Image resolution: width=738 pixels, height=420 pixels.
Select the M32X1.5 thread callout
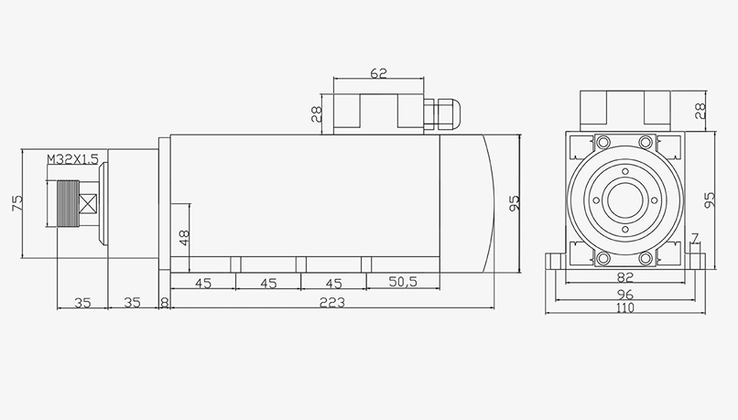[x=72, y=160]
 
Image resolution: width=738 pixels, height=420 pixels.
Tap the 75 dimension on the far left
[x=16, y=203]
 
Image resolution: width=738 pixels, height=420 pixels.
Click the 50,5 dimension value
[x=402, y=283]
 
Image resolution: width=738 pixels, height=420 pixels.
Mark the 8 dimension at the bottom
[x=164, y=302]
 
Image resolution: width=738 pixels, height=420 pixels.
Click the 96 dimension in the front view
[x=624, y=295]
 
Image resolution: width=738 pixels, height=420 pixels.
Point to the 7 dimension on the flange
[x=695, y=240]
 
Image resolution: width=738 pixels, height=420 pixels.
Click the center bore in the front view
[x=624, y=199]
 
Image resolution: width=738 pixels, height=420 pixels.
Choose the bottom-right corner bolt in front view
[x=646, y=258]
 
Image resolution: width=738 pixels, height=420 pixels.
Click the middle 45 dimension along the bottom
[x=268, y=283]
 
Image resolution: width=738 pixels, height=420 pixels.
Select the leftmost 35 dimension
[x=81, y=302]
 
